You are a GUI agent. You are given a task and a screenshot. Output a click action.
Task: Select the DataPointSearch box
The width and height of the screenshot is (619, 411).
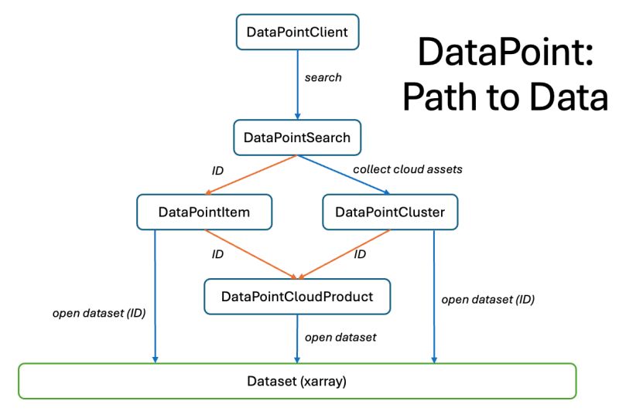[296, 138]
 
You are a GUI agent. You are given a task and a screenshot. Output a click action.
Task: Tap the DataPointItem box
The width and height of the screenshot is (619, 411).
[204, 212]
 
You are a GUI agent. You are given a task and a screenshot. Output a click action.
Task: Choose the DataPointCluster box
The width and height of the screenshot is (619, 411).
[390, 212]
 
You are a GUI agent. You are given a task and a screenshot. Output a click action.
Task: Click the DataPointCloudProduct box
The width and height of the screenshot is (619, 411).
[297, 297]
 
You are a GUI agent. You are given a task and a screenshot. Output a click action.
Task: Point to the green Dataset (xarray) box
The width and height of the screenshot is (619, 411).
[297, 381]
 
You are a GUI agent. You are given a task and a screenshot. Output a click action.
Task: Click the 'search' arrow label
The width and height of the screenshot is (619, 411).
[323, 78]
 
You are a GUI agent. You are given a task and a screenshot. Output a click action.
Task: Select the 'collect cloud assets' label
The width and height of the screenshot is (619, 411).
[407, 168]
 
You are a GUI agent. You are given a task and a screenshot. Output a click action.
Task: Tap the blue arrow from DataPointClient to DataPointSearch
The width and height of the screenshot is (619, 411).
[297, 85]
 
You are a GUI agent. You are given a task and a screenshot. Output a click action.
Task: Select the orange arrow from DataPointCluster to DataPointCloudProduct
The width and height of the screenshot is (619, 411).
[344, 254]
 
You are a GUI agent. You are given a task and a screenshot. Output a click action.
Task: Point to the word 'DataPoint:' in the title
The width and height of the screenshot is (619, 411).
[503, 54]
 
